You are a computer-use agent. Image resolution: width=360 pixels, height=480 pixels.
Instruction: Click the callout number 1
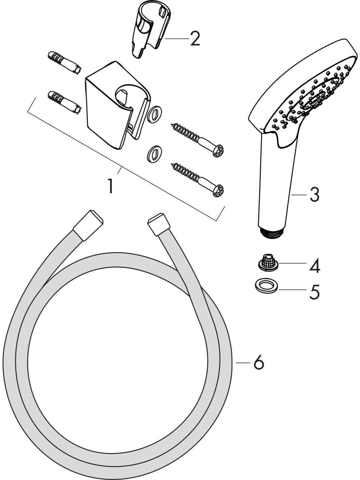point(111,186)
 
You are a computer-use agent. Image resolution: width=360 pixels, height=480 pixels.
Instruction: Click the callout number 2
point(195,39)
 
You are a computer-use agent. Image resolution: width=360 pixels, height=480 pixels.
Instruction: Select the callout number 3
point(314,195)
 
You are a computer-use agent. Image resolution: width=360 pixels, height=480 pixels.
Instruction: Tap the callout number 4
point(315,265)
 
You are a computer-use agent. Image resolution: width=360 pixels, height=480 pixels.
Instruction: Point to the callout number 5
point(315,292)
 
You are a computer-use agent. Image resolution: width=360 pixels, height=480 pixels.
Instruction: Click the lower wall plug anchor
point(64,103)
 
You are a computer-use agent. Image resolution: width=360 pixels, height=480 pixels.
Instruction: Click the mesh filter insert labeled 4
point(267,262)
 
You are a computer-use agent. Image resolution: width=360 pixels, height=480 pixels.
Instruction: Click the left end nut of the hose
point(88,225)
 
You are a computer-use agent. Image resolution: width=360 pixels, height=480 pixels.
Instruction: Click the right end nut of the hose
point(159,224)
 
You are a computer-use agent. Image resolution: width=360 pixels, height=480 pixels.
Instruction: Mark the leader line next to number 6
point(243,363)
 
